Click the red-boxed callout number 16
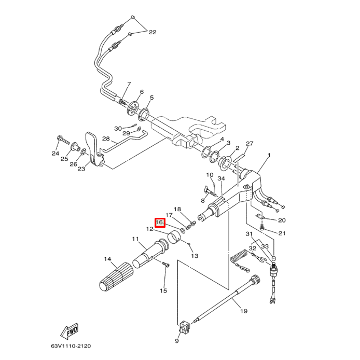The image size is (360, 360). click(x=160, y=223)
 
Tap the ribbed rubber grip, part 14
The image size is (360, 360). click(x=117, y=276)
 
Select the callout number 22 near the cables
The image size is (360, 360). click(x=152, y=32)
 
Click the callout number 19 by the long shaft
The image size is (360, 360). click(x=243, y=311)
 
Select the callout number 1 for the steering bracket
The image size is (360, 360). click(x=269, y=156)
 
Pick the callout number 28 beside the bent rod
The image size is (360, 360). click(x=106, y=139)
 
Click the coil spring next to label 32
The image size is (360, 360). click(x=238, y=256)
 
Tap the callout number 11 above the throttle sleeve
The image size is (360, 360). click(x=136, y=239)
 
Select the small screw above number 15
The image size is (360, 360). click(x=166, y=265)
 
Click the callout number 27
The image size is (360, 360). click(x=250, y=144)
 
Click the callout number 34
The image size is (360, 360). click(x=221, y=178)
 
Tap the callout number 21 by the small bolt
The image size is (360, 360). click(x=282, y=233)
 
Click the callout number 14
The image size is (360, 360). click(x=108, y=259)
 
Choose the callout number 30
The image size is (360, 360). click(x=118, y=128)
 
